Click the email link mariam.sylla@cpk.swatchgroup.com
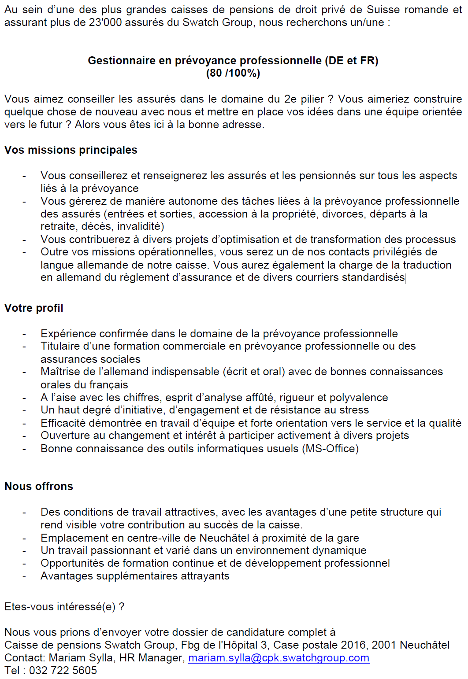coord(279,658)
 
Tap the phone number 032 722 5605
coord(63,671)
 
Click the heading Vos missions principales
coord(71,150)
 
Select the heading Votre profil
coord(34,308)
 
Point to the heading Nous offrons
coord(39,487)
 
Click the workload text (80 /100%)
coord(233,74)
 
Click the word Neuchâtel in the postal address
coord(425,645)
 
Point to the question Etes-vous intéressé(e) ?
coord(64,607)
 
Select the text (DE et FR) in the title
coord(352,61)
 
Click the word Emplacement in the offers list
coord(74,538)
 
